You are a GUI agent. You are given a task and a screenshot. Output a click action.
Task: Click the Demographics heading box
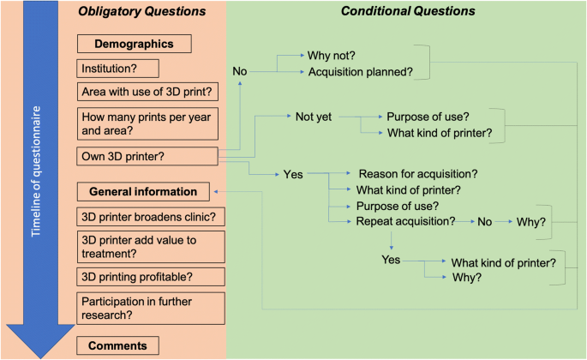(x=135, y=44)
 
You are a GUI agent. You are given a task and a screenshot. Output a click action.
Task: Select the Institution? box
(x=118, y=69)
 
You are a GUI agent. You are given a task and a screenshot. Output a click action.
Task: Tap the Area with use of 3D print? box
(x=147, y=92)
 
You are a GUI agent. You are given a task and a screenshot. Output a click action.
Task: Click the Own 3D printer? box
(x=147, y=156)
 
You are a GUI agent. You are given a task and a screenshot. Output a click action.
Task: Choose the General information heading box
(x=143, y=192)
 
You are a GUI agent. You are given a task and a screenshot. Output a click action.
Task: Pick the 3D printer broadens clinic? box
(x=151, y=217)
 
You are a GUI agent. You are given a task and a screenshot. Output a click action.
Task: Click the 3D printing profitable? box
(x=151, y=277)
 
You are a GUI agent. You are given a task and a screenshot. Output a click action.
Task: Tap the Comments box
(x=118, y=345)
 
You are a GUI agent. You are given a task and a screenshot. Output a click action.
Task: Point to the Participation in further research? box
(x=151, y=309)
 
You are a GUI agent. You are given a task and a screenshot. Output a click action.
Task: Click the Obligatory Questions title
(x=142, y=11)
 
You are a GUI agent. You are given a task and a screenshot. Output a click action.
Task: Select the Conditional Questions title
(x=408, y=11)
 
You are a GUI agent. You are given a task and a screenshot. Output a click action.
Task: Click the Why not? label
(x=332, y=56)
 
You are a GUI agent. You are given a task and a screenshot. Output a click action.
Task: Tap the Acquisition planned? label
(x=361, y=71)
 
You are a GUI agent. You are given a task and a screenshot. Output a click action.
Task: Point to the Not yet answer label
(x=314, y=117)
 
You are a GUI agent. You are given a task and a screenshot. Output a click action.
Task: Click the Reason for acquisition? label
(x=418, y=174)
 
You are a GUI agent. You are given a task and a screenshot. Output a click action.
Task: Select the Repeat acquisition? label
(x=405, y=221)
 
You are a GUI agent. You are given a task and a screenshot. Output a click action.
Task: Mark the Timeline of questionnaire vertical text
(x=36, y=171)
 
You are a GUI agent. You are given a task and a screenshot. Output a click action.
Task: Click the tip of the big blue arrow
(x=40, y=358)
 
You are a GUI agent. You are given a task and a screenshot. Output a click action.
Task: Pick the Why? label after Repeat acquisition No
(x=530, y=222)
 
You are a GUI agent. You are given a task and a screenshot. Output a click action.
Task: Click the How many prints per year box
(x=147, y=123)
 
